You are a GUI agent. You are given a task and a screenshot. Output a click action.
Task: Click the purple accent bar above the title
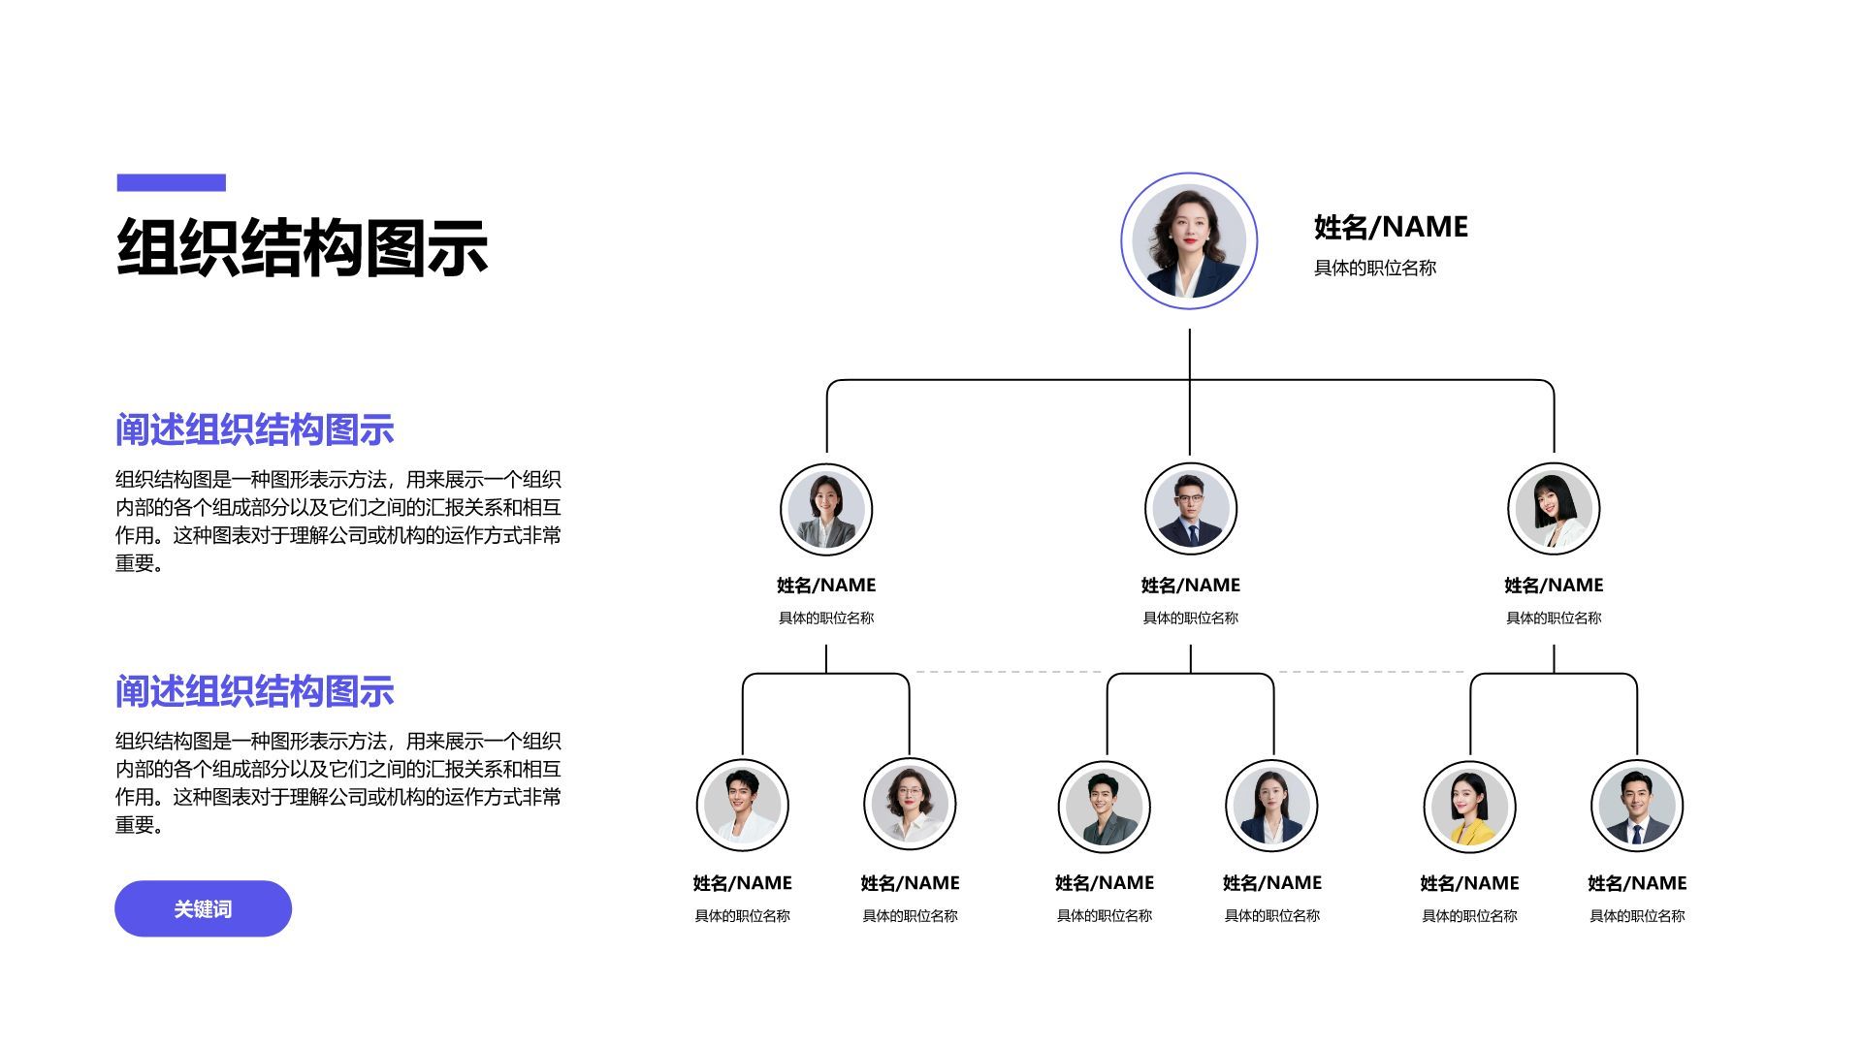(171, 182)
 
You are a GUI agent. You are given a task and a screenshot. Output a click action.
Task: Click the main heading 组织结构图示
(302, 248)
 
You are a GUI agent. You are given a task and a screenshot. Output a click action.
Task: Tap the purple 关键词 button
(203, 908)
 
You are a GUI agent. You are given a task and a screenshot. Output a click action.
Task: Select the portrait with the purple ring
(1189, 241)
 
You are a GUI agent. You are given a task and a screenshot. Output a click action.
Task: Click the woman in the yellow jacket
(1469, 807)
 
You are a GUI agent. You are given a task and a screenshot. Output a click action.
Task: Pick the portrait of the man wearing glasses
(1190, 509)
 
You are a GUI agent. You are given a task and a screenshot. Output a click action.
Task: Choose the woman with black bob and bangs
(1554, 509)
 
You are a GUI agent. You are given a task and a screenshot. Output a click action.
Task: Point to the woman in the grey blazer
(826, 509)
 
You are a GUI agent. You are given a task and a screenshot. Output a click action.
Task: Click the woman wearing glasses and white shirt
(910, 805)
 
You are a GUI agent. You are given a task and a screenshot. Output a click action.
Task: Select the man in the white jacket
(742, 805)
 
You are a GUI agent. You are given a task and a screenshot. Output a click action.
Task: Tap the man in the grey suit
(1105, 807)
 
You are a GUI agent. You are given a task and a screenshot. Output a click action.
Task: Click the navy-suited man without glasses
(1637, 807)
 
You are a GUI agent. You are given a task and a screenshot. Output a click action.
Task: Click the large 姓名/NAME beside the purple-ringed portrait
(1391, 227)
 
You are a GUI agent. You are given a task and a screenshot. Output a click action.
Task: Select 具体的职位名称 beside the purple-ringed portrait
(1374, 269)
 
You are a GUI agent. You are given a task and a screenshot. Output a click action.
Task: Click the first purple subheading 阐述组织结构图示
(254, 429)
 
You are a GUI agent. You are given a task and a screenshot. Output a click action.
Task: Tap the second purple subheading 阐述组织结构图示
(254, 691)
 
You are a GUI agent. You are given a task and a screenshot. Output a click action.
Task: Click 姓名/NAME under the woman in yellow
(1469, 883)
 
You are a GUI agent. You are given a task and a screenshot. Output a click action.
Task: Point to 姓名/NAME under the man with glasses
(1190, 586)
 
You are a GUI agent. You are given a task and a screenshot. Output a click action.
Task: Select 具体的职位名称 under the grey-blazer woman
(826, 619)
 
